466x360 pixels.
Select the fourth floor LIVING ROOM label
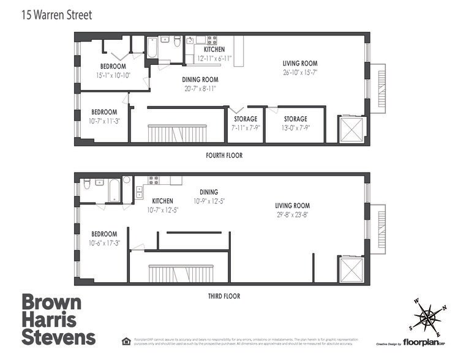(x=300, y=63)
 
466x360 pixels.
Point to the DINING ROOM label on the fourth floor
(x=200, y=80)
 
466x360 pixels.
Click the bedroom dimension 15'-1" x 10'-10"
(x=113, y=75)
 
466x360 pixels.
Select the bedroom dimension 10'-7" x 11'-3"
(x=104, y=121)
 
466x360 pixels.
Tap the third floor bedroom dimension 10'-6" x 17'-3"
(x=104, y=243)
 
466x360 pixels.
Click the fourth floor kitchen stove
(x=212, y=40)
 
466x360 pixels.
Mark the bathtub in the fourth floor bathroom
(x=152, y=48)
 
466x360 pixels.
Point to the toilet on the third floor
(x=88, y=183)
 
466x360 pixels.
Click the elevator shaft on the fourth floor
(x=351, y=129)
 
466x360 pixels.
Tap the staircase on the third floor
(x=181, y=273)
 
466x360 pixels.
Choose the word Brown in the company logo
(x=51, y=302)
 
